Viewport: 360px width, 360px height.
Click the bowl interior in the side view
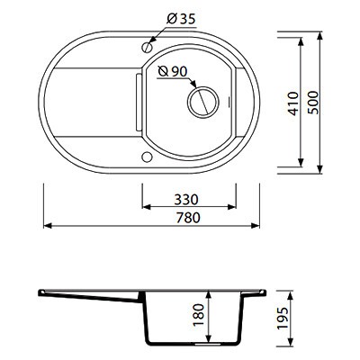pos(180,319)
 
